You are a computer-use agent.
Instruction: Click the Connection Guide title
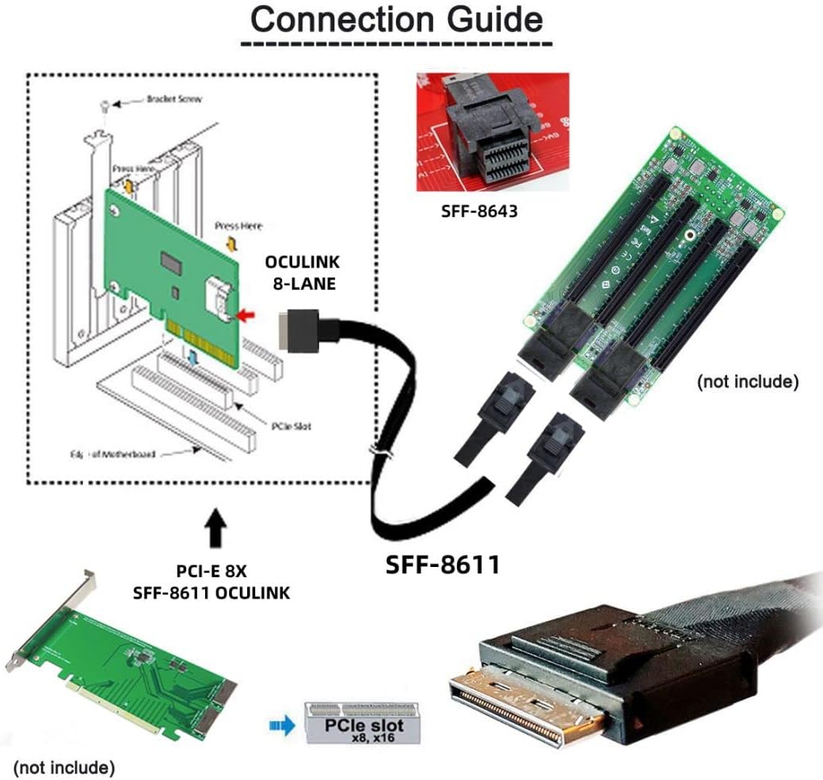click(397, 20)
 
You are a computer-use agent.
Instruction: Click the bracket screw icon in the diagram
click(104, 105)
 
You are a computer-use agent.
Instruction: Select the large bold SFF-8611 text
click(443, 564)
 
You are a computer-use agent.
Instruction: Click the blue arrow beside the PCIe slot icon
click(279, 722)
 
